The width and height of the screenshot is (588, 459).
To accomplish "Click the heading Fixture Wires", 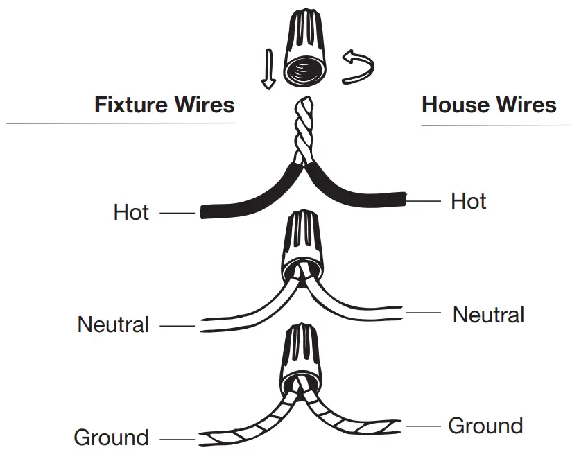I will point(164,105).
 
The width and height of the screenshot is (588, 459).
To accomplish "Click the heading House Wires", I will point(489,105).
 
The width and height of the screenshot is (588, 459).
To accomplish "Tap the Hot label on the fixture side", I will point(131,212).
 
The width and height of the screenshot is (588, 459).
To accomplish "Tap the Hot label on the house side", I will point(469,201).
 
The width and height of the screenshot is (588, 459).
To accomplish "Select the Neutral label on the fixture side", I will point(113,324).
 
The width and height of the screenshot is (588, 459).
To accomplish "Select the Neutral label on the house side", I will point(488,315).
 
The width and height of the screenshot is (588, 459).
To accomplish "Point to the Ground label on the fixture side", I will point(111,438).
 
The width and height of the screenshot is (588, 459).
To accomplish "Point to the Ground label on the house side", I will point(485,426).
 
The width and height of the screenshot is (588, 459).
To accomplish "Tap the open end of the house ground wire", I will point(398,424).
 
